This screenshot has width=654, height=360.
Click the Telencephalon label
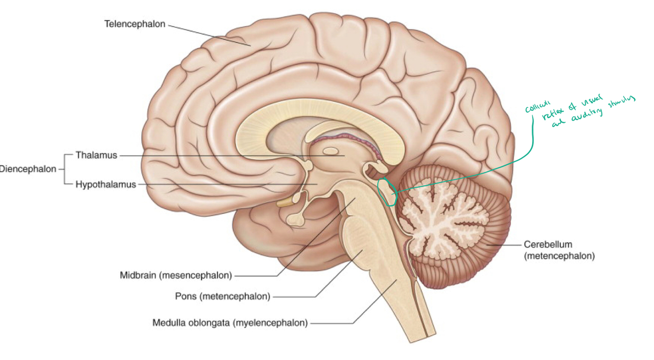coord(135,24)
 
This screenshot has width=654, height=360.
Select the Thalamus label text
coord(97,155)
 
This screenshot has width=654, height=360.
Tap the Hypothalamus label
coord(105,185)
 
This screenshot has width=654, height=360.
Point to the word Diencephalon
coord(28,169)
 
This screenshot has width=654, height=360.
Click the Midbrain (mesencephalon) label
coord(176,275)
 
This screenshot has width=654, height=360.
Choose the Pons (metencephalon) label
coord(223,296)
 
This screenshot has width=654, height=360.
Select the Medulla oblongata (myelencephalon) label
coord(230,323)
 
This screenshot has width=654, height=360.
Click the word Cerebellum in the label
coord(548,244)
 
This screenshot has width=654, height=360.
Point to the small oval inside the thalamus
coord(330,152)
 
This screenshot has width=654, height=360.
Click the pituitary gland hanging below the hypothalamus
coord(295,219)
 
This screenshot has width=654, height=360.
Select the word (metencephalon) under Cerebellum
coord(559,256)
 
